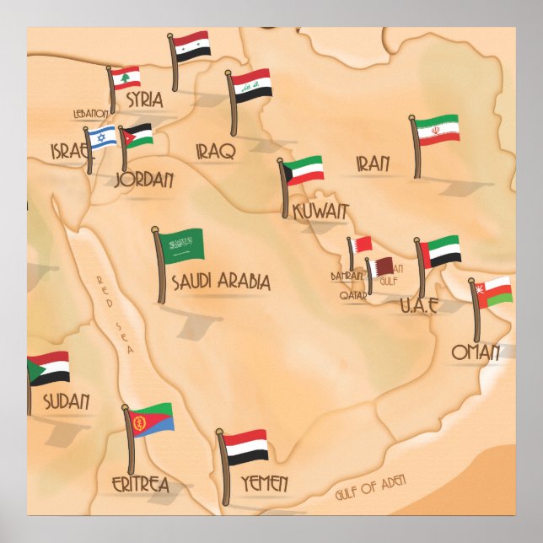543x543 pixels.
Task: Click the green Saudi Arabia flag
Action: [x=183, y=245]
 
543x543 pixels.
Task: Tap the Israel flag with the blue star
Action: [x=102, y=137]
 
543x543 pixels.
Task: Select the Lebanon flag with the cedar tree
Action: [x=126, y=78]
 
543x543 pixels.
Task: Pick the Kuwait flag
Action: [x=304, y=170]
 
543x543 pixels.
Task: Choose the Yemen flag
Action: [x=246, y=446]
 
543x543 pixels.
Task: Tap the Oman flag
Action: [x=494, y=292]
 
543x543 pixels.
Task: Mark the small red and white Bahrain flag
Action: [x=362, y=245]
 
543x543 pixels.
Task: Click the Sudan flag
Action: [x=48, y=368]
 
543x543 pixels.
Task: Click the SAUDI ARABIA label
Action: [x=221, y=282]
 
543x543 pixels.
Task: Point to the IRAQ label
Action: [x=215, y=151]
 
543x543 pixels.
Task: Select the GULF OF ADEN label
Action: [x=370, y=487]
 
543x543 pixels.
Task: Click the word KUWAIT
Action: [x=320, y=211]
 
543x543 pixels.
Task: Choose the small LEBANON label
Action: [x=91, y=113]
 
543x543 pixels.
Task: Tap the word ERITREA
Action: [x=140, y=484]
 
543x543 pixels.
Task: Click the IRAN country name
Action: [x=372, y=164]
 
